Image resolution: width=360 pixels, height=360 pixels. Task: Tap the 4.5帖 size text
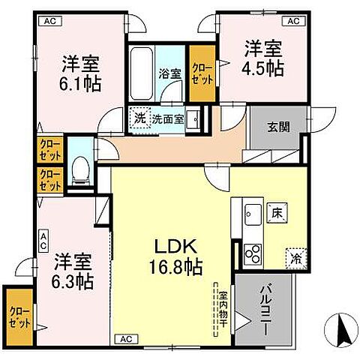tap(262, 67)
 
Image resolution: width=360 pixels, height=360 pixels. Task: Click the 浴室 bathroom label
tap(169, 73)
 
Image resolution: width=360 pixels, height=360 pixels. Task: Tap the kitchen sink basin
tap(251, 211)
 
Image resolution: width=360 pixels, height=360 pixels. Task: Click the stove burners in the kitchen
tap(253, 253)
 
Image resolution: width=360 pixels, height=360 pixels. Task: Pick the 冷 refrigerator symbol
tap(295, 256)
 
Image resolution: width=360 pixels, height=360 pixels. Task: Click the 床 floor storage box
tap(277, 213)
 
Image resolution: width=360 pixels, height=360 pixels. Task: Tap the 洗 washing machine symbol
tap(139, 118)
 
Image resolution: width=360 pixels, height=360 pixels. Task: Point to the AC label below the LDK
tap(127, 339)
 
